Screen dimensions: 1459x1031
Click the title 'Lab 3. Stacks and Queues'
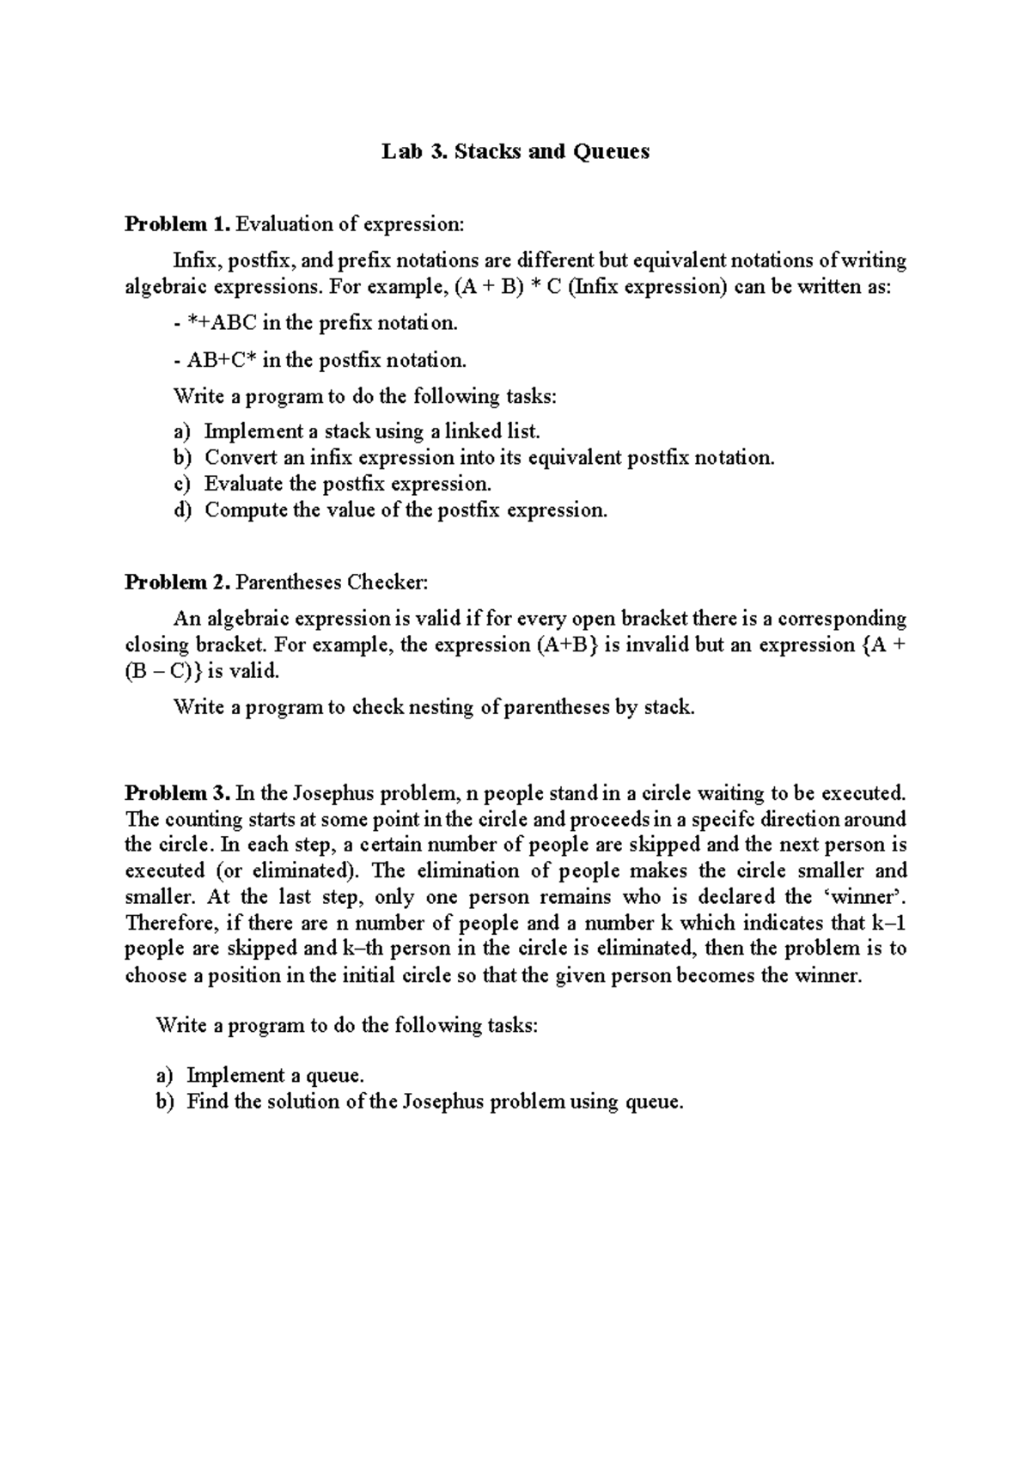515,152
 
